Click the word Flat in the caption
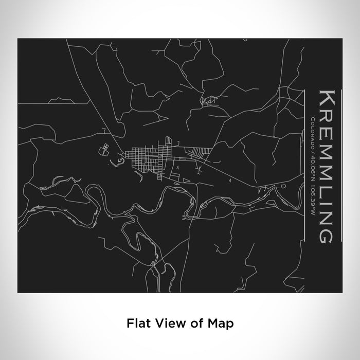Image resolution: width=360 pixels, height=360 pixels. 135,323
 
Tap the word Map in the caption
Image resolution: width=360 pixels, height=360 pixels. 222,323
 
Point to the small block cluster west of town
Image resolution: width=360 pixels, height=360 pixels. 105,150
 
